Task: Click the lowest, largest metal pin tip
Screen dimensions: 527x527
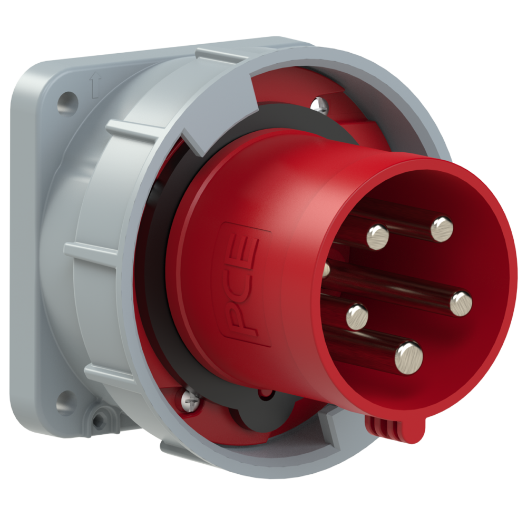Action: pyautogui.click(x=409, y=357)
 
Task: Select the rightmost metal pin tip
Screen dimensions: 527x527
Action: pyautogui.click(x=461, y=304)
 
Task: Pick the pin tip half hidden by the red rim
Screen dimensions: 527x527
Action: pyautogui.click(x=327, y=270)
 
